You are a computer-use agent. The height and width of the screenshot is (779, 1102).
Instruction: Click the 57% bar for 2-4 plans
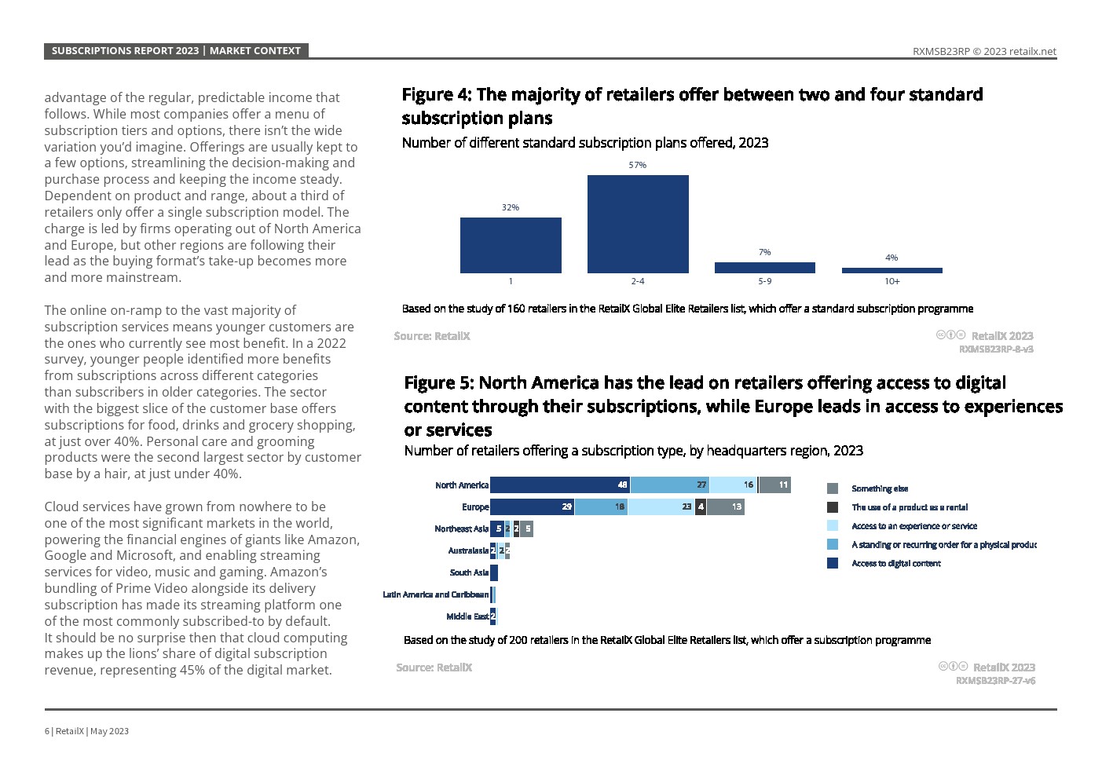638,224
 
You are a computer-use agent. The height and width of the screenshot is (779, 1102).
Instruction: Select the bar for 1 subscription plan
511,245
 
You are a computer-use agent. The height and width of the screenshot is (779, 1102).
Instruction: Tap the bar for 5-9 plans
764,268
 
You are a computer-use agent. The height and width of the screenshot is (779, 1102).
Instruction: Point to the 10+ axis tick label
892,281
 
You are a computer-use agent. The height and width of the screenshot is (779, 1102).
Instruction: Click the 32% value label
511,207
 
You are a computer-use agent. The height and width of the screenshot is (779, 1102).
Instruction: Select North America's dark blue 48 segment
560,485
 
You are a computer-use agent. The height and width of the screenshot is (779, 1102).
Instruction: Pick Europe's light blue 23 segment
661,507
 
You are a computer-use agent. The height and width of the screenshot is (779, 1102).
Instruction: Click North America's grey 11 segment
774,485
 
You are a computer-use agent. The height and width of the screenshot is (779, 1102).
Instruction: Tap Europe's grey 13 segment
725,507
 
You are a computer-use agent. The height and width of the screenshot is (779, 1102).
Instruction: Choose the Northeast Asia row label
461,528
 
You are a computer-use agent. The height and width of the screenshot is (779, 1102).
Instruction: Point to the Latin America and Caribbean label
435,594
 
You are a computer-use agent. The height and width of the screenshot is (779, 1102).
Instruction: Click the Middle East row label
467,616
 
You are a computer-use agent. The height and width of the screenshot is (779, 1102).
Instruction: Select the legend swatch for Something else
833,488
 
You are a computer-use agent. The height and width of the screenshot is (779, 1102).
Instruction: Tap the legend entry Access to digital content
896,563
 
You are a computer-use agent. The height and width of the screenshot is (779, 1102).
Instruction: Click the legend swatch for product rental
833,507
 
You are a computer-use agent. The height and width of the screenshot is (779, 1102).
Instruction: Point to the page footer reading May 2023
109,731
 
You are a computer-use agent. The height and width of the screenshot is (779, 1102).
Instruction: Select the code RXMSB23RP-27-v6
995,680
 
